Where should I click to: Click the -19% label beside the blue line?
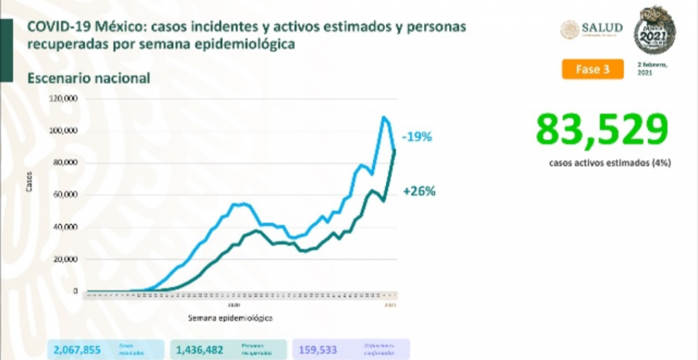tap(417, 137)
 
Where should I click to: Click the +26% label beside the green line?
tap(419, 192)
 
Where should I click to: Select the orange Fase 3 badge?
tap(593, 70)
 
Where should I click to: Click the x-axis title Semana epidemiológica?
tap(230, 318)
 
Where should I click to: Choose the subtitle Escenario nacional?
tap(89, 78)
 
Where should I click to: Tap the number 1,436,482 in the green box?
tap(198, 349)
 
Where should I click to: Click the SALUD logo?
tap(592, 29)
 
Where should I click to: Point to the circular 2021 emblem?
tap(654, 31)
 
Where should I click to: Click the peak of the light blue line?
tap(384, 118)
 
